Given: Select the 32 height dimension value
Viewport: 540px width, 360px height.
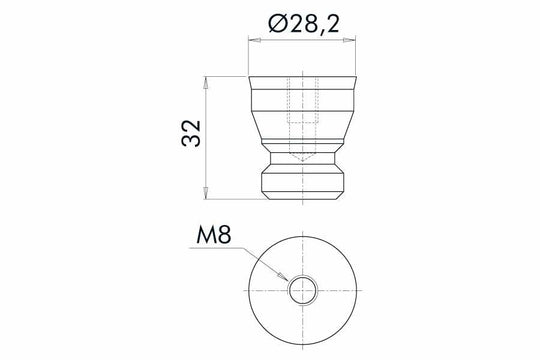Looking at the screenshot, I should click(192, 135).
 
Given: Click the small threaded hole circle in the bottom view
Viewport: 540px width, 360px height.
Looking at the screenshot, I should click(301, 291).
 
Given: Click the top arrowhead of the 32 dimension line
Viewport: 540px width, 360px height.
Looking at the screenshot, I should click(207, 77).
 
